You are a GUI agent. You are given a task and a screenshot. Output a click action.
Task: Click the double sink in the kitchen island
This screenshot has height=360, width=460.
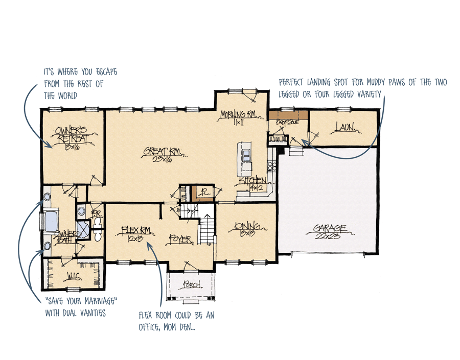point(246,154)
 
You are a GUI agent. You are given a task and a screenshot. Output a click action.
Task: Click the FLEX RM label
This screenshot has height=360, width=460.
point(133,229)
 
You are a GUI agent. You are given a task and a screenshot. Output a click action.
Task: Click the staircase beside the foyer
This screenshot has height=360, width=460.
point(205,228)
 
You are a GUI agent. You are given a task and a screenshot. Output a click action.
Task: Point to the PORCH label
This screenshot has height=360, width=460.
point(190,284)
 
